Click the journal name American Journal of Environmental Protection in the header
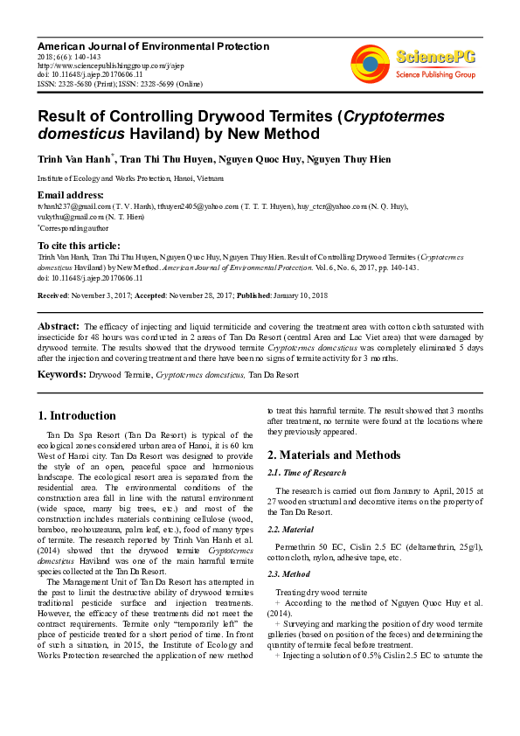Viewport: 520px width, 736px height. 153,45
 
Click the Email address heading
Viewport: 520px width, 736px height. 70,194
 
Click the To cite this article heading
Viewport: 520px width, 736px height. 79,246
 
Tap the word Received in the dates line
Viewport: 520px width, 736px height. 53,296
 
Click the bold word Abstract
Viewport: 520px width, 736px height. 59,326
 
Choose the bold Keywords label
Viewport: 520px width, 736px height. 60,374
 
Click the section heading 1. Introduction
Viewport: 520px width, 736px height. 78,416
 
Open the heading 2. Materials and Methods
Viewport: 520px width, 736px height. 334,455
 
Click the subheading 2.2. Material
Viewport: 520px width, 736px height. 293,530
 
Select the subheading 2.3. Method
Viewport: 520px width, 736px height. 290,573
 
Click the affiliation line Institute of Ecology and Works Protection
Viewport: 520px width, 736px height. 129,177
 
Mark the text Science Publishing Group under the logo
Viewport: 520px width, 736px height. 435,75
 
